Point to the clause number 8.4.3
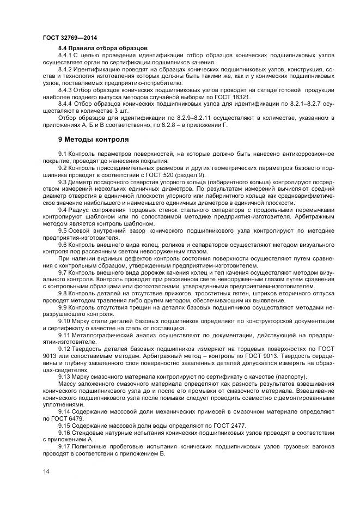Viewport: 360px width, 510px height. (65, 89)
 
